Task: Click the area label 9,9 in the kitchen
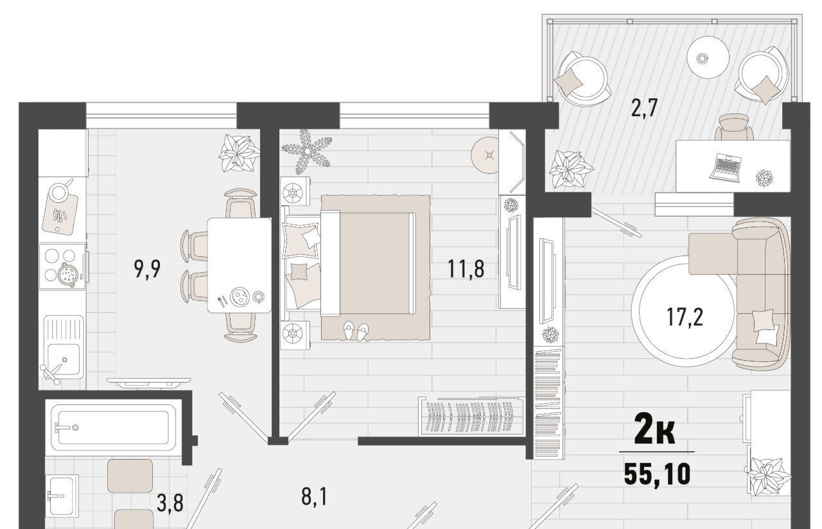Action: tap(147, 269)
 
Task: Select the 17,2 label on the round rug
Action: tap(685, 317)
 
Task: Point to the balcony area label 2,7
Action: tap(644, 108)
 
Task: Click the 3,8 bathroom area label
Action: tap(170, 503)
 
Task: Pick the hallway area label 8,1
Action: tap(314, 497)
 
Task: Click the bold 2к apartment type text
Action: tap(655, 433)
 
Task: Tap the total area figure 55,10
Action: tap(657, 474)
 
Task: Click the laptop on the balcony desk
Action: tap(726, 168)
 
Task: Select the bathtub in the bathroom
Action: tap(114, 428)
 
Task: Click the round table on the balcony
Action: tap(708, 57)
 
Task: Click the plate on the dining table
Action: tap(240, 297)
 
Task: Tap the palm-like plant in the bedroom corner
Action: tap(306, 150)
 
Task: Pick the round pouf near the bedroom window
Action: tap(485, 155)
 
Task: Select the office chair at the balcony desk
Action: tap(734, 127)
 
